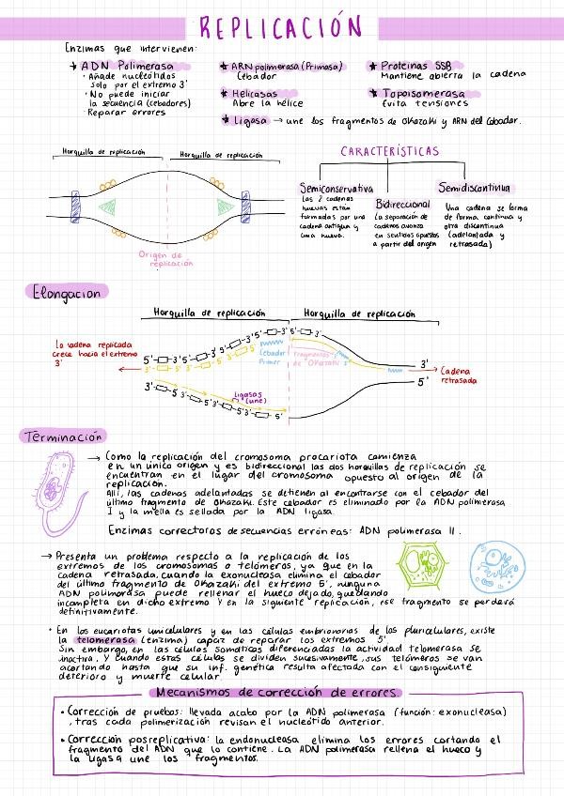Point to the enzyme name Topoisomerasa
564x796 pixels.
[x=423, y=94]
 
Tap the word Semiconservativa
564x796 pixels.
[x=336, y=189]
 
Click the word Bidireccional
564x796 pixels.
[x=402, y=204]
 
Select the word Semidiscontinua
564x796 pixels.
[x=474, y=189]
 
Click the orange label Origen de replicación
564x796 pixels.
[x=164, y=258]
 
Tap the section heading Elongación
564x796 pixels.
[x=62, y=293]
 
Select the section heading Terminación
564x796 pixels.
[x=63, y=436]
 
